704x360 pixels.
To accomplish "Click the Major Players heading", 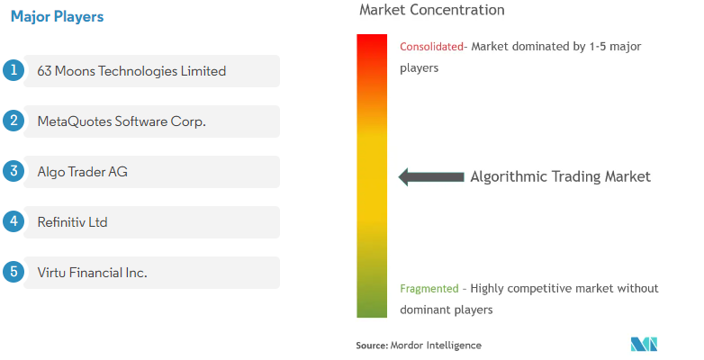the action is pyautogui.click(x=57, y=16).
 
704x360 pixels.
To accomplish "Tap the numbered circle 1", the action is pyautogui.click(x=14, y=70).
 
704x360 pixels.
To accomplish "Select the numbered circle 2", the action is pyautogui.click(x=14, y=121).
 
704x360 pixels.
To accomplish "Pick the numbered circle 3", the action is pyautogui.click(x=14, y=171).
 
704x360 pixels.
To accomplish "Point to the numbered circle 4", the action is pyautogui.click(x=14, y=221).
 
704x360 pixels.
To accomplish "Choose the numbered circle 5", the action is pyautogui.click(x=14, y=272).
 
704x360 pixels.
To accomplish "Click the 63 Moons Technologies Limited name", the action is pyautogui.click(x=131, y=71).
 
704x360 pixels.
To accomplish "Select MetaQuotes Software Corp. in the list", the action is pyautogui.click(x=122, y=121).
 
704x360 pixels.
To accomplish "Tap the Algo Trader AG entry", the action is pyautogui.click(x=83, y=172).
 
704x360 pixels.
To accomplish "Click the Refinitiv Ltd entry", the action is pyautogui.click(x=72, y=222).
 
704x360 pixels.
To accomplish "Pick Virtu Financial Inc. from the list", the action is pyautogui.click(x=93, y=273).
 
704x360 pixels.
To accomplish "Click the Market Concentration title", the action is pyautogui.click(x=432, y=10).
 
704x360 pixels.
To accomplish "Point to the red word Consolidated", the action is pyautogui.click(x=431, y=46).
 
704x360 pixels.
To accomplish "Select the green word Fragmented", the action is pyautogui.click(x=429, y=288).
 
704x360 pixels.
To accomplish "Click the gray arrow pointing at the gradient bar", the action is pyautogui.click(x=431, y=177).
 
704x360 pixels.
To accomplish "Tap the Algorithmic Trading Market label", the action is pyautogui.click(x=560, y=176).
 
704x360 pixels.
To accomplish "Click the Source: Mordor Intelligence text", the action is pyautogui.click(x=419, y=346).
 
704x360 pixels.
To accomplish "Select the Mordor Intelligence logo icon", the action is pyautogui.click(x=644, y=345).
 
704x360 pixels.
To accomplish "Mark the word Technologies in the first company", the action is pyautogui.click(x=138, y=71).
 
